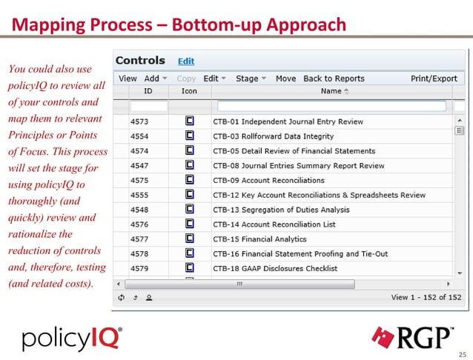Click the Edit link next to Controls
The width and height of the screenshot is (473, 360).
[x=185, y=61]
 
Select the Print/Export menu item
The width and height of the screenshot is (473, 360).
[x=434, y=79]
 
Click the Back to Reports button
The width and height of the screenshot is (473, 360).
[x=334, y=79]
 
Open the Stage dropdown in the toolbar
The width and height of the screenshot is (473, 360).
[x=251, y=79]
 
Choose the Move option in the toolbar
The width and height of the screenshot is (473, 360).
[x=285, y=79]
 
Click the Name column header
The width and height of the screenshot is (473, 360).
[x=331, y=91]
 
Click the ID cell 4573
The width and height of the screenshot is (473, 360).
[x=140, y=122]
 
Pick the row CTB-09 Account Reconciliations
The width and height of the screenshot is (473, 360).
[x=268, y=180]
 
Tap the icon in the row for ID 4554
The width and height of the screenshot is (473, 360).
[x=189, y=136]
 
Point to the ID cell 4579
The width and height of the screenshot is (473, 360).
[x=140, y=268]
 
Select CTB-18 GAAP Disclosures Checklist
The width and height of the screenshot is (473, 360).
[x=275, y=268]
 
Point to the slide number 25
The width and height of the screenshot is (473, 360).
[x=463, y=353]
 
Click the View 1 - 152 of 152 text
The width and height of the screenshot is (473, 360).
[x=426, y=297]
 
